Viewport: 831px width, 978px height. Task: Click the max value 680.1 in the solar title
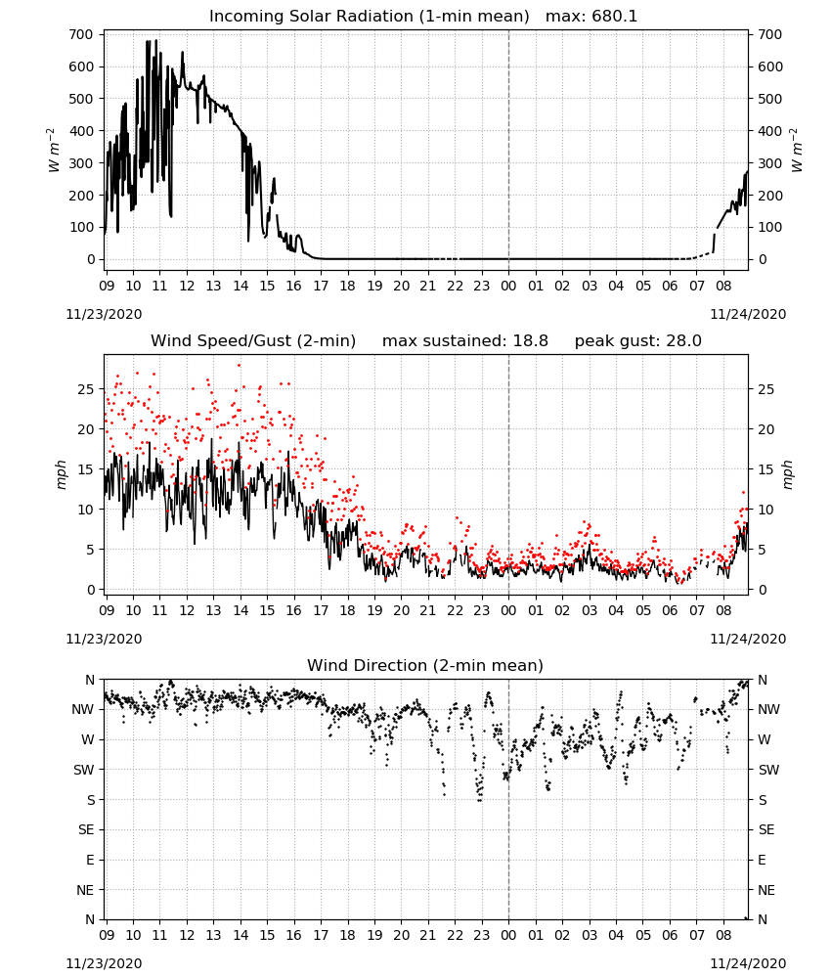pyautogui.click(x=615, y=17)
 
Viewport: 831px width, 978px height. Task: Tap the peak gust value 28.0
pyautogui.click(x=683, y=341)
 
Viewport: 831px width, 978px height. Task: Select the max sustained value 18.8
pyautogui.click(x=531, y=341)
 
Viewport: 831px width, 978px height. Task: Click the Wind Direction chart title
pyautogui.click(x=425, y=665)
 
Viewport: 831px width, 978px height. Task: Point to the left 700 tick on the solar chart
pyautogui.click(x=82, y=35)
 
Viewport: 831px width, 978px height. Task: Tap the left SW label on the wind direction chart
pyautogui.click(x=84, y=770)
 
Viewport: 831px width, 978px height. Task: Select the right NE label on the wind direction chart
pyautogui.click(x=766, y=890)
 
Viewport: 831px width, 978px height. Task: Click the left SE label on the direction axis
pyautogui.click(x=86, y=829)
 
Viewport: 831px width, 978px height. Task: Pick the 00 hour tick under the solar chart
pyautogui.click(x=508, y=286)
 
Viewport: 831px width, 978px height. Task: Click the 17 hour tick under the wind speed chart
pyautogui.click(x=321, y=610)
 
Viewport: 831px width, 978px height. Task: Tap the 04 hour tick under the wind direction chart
pyautogui.click(x=616, y=935)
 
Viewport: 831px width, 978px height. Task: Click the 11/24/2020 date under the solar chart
pyautogui.click(x=748, y=314)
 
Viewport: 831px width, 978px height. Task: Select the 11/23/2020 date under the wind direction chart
pyautogui.click(x=104, y=963)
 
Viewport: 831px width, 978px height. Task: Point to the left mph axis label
pyautogui.click(x=61, y=474)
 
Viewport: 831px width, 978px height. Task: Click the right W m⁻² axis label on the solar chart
pyautogui.click(x=796, y=150)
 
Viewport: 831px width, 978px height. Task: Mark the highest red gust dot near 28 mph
pyautogui.click(x=239, y=365)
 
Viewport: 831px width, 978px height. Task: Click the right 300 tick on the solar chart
pyautogui.click(x=770, y=163)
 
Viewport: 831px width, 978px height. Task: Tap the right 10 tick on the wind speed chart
pyautogui.click(x=766, y=510)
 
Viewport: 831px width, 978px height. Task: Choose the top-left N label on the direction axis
pyautogui.click(x=90, y=680)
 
